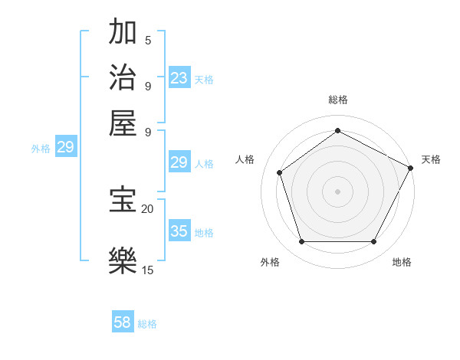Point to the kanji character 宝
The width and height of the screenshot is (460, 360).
click(x=123, y=200)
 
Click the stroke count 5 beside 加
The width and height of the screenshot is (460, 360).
click(x=147, y=41)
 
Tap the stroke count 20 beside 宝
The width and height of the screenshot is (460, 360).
click(x=147, y=208)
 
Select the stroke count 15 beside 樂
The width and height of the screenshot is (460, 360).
click(x=147, y=270)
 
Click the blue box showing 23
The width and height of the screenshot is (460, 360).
click(x=179, y=78)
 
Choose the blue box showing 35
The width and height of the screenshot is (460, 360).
click(x=179, y=231)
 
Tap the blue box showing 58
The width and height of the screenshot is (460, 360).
click(x=123, y=322)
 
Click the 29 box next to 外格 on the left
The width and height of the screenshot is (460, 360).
click(x=65, y=147)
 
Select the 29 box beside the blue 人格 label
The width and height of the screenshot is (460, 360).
click(x=179, y=162)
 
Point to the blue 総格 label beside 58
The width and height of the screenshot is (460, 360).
click(x=147, y=324)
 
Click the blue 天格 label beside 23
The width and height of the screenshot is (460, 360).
click(x=204, y=79)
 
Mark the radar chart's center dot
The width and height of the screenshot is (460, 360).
click(x=337, y=191)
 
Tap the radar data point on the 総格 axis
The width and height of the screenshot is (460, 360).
click(x=337, y=130)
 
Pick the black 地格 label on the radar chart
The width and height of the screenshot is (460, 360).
click(x=402, y=263)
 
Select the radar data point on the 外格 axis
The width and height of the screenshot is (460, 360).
click(x=301, y=241)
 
